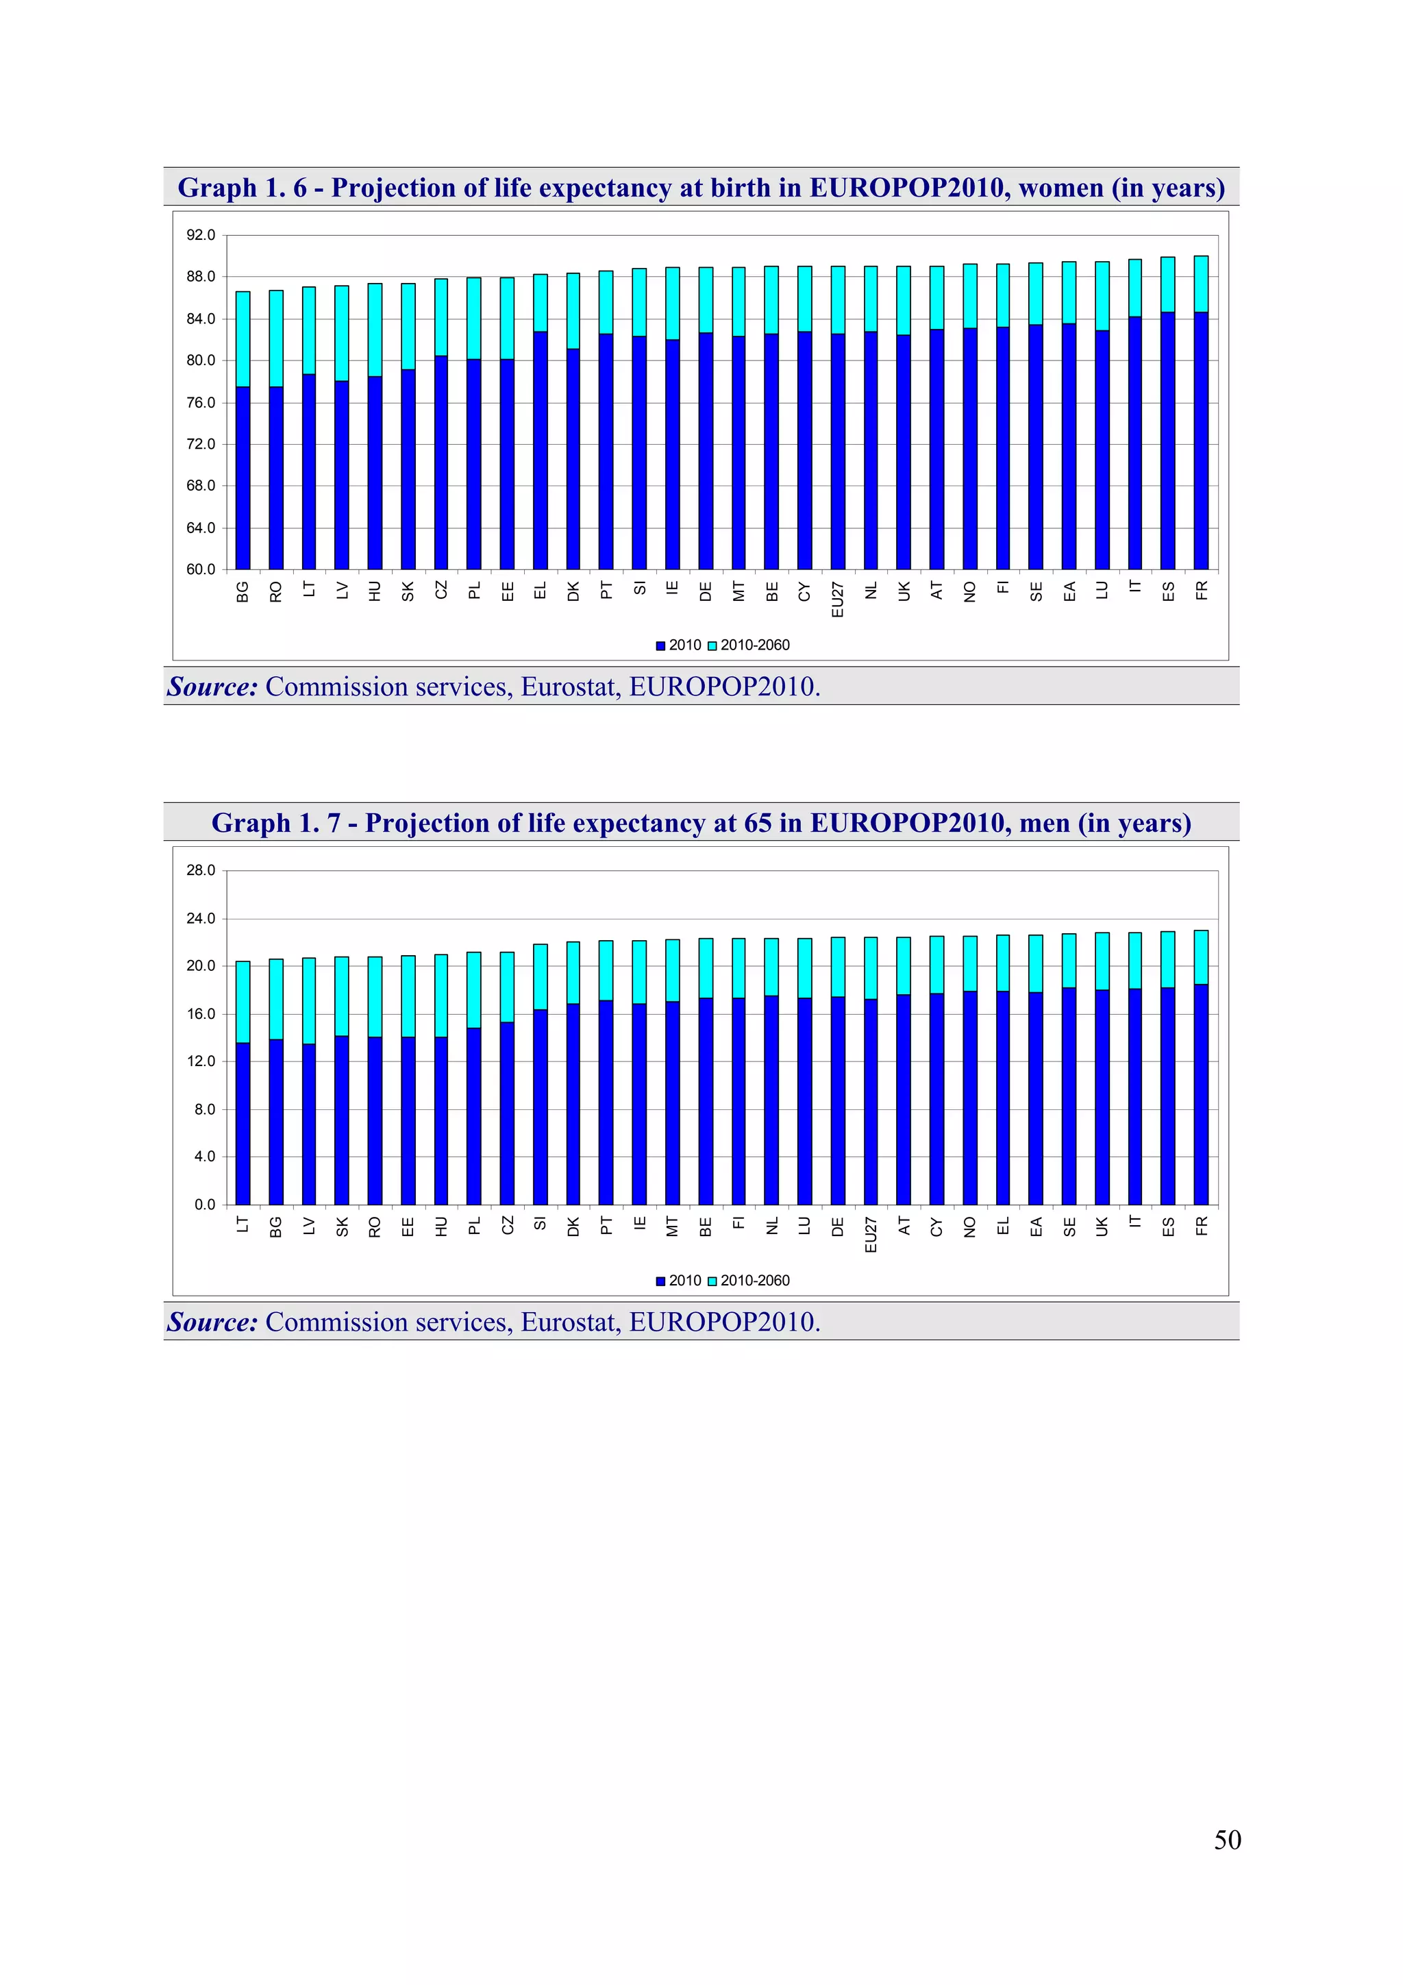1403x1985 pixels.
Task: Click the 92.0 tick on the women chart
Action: pos(201,235)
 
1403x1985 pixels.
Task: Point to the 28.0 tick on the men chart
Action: pos(201,871)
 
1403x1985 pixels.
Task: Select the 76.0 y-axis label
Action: pos(201,403)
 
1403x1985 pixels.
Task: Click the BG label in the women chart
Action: pos(243,591)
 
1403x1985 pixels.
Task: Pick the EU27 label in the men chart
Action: pos(871,1235)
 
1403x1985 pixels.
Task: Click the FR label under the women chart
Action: pos(1202,591)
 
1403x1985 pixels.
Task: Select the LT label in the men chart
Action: pos(243,1224)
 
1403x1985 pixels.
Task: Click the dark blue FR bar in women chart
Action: pos(1201,441)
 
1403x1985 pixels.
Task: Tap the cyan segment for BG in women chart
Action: pos(243,339)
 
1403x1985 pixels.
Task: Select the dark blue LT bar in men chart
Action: pos(243,1124)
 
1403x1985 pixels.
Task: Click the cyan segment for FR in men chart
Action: pos(1201,957)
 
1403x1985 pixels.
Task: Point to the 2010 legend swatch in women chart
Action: pos(661,646)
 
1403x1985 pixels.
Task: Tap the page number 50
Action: pos(1227,1840)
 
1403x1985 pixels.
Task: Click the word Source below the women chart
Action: pos(212,687)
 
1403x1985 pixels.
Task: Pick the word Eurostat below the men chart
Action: pos(571,1322)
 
